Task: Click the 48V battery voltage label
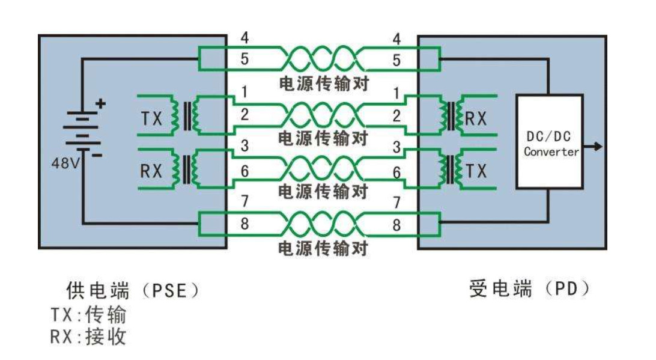[x=65, y=163]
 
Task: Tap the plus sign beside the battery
[x=100, y=103]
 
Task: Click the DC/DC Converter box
[x=549, y=141]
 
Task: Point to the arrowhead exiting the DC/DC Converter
[x=598, y=147]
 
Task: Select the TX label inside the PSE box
[x=151, y=118]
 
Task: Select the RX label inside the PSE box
[x=151, y=171]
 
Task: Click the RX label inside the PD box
[x=476, y=119]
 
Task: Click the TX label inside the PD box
[x=476, y=171]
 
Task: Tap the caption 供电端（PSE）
[x=133, y=290]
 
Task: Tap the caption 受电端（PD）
[x=530, y=289]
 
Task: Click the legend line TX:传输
[x=88, y=315]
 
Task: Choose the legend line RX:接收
[x=88, y=337]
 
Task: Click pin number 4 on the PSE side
[x=244, y=38]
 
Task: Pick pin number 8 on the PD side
[x=396, y=225]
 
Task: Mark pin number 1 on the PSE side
[x=244, y=92]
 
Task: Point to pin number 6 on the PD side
[x=396, y=172]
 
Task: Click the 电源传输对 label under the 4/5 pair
[x=324, y=84]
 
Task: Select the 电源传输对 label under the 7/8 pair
[x=323, y=249]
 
